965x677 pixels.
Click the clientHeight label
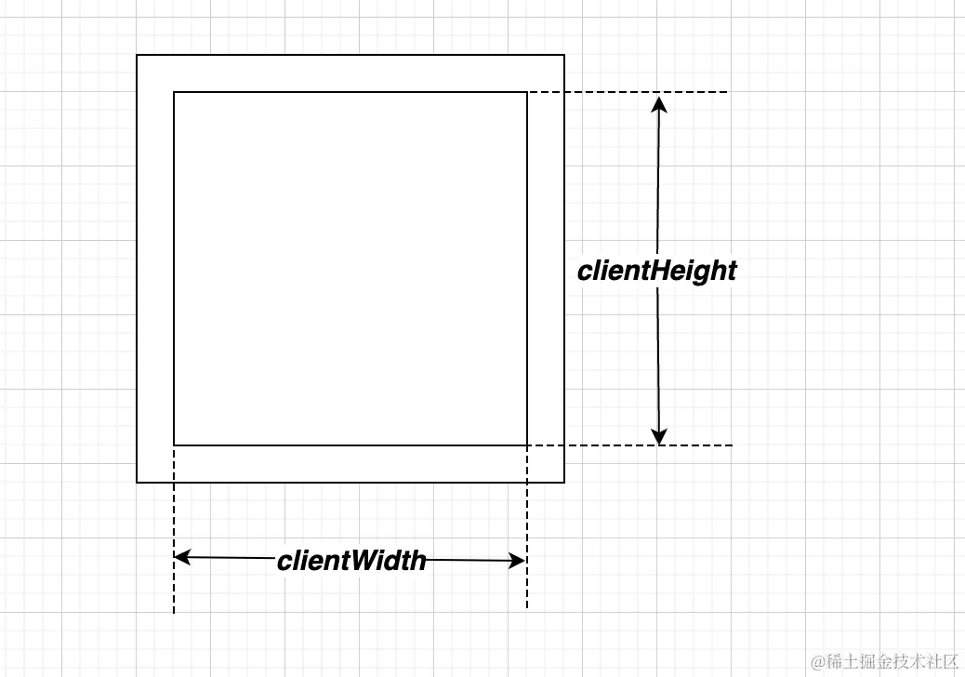click(x=656, y=271)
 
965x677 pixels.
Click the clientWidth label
click(x=351, y=561)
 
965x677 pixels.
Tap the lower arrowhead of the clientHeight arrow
click(x=659, y=435)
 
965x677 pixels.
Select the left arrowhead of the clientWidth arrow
click(x=182, y=558)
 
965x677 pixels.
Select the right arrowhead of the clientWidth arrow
click(x=518, y=561)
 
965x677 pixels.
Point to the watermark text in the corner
click(x=884, y=661)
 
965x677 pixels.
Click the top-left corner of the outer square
click(x=137, y=56)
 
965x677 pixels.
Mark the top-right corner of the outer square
click(x=564, y=56)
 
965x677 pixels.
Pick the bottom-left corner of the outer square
click(x=137, y=483)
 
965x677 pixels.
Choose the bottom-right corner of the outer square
click(x=564, y=483)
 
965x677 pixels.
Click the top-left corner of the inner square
click(x=174, y=92)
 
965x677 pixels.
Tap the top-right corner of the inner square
click(x=527, y=92)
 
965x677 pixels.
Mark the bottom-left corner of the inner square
click(x=174, y=445)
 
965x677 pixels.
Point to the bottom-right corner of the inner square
click(x=527, y=445)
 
